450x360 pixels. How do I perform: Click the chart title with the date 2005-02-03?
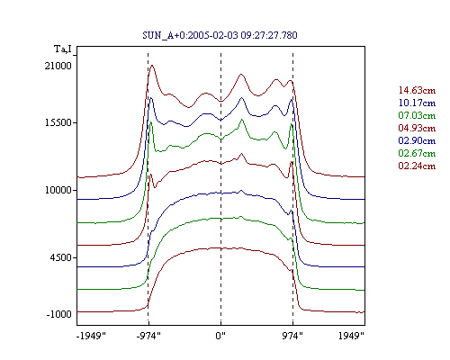pyautogui.click(x=220, y=35)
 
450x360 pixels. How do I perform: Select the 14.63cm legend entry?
pyautogui.click(x=417, y=90)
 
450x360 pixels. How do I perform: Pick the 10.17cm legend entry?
pyautogui.click(x=417, y=103)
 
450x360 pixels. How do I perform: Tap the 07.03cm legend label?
pyautogui.click(x=417, y=115)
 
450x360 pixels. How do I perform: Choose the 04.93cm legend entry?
pyautogui.click(x=417, y=128)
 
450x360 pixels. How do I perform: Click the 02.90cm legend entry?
pyautogui.click(x=417, y=140)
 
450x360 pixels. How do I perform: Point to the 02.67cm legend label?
pyautogui.click(x=417, y=153)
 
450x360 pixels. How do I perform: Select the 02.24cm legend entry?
pyautogui.click(x=417, y=166)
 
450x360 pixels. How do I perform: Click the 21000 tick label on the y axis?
pyautogui.click(x=58, y=66)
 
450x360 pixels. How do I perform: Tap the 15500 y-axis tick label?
pyautogui.click(x=58, y=122)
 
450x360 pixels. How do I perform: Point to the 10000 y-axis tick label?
pyautogui.click(x=58, y=190)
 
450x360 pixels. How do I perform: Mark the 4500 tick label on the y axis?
pyautogui.click(x=61, y=257)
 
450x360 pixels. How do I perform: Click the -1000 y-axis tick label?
pyautogui.click(x=59, y=314)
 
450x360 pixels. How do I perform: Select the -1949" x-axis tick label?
pyautogui.click(x=91, y=336)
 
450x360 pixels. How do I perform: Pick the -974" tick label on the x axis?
pyautogui.click(x=148, y=336)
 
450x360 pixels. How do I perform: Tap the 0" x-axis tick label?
pyautogui.click(x=220, y=336)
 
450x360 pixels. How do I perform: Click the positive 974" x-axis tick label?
pyautogui.click(x=292, y=336)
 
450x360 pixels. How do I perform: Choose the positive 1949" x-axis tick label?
pyautogui.click(x=351, y=336)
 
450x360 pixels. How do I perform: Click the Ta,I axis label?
pyautogui.click(x=63, y=49)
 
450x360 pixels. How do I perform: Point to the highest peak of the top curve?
pyautogui.click(x=152, y=65)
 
